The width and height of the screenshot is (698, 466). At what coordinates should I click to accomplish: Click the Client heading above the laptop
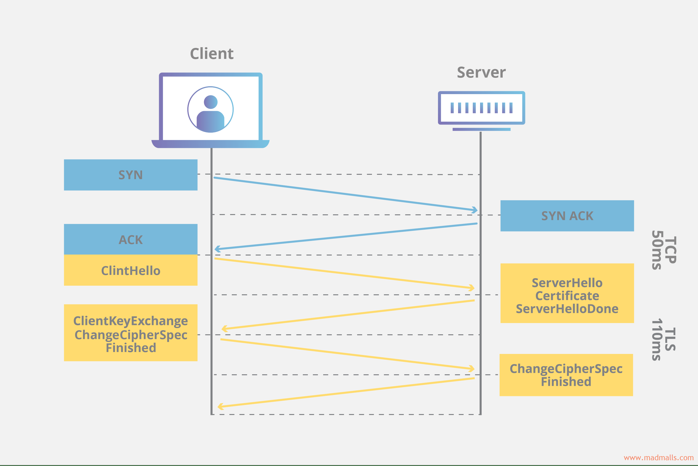tap(211, 54)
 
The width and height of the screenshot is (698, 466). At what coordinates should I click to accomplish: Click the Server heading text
tap(481, 73)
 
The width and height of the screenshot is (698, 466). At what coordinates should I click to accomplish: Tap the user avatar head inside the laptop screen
tap(211, 102)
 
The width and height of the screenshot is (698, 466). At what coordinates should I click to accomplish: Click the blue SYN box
tap(131, 175)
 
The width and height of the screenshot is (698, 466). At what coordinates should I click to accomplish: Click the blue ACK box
tap(131, 239)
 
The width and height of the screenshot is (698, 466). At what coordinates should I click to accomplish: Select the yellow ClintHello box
tap(131, 270)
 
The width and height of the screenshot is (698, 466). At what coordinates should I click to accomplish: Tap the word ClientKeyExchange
tap(131, 321)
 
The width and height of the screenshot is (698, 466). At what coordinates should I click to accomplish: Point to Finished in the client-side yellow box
tap(131, 348)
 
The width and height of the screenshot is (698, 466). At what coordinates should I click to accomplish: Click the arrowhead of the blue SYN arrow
tap(475, 210)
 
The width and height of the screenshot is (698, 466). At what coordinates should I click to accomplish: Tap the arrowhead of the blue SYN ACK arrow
tap(217, 249)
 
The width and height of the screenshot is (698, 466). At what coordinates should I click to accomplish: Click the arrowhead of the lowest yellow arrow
tap(220, 406)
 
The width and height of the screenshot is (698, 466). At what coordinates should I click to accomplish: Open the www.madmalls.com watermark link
tap(658, 458)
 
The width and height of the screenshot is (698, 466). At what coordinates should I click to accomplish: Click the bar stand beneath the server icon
tap(481, 129)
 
